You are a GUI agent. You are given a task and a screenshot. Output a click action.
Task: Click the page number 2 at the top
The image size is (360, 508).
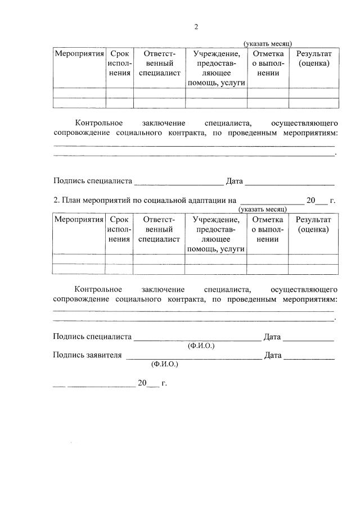196,26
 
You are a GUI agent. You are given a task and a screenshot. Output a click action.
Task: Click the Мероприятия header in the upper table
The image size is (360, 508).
79,54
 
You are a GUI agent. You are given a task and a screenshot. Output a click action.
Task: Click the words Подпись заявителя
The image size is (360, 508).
87,355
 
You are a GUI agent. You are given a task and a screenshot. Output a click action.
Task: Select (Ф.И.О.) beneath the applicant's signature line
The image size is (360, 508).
165,364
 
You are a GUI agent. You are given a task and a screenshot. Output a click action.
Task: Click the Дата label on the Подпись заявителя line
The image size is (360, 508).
273,355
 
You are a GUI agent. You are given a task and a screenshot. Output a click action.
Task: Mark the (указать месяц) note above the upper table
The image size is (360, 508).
267,44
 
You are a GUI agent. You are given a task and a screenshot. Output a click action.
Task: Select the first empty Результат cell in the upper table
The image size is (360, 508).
314,93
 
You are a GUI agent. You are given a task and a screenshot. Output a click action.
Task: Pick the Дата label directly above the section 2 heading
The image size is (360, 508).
234,181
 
